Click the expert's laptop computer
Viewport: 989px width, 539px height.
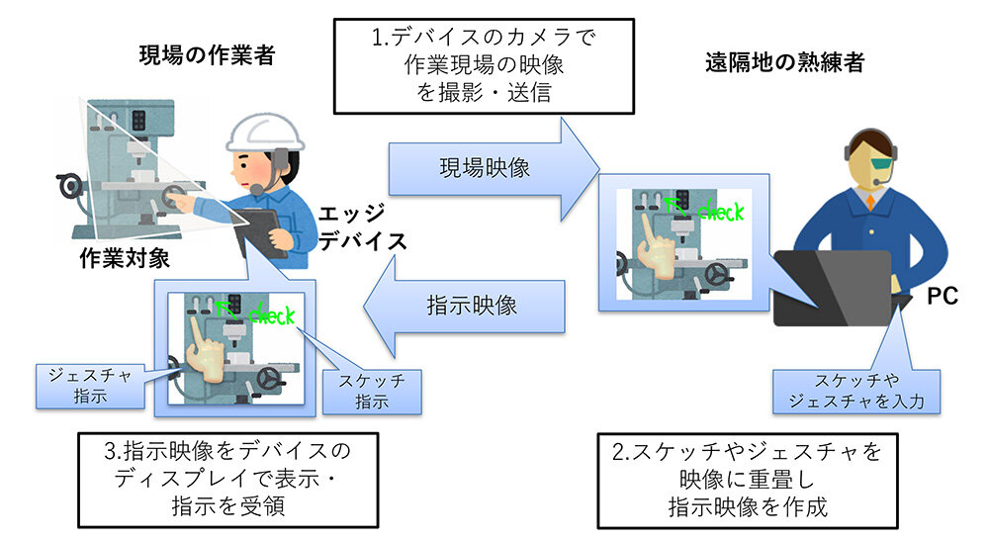831,287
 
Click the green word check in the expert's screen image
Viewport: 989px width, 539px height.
719,211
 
